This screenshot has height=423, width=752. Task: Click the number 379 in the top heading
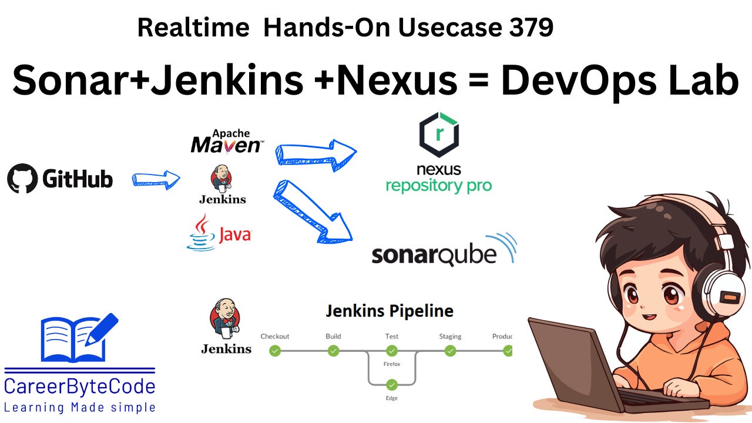coord(527,28)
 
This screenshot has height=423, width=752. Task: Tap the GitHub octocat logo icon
coord(22,179)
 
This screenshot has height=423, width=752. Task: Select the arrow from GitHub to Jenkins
coord(156,180)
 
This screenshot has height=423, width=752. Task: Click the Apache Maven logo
coord(226,142)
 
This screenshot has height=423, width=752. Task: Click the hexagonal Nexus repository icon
coord(438,135)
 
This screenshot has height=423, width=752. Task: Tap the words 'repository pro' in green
coord(438,186)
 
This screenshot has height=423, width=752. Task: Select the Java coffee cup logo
coord(202,233)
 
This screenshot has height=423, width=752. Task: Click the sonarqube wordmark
coord(435,256)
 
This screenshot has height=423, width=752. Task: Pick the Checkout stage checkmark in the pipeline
coord(275,351)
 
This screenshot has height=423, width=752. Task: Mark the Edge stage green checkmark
coord(392,385)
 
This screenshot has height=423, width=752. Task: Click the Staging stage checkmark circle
coord(450,351)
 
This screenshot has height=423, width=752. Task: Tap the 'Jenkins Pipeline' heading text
coord(390,311)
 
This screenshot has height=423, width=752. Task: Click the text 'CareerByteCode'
coord(79,387)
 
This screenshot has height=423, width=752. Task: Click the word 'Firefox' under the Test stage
coord(392,364)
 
